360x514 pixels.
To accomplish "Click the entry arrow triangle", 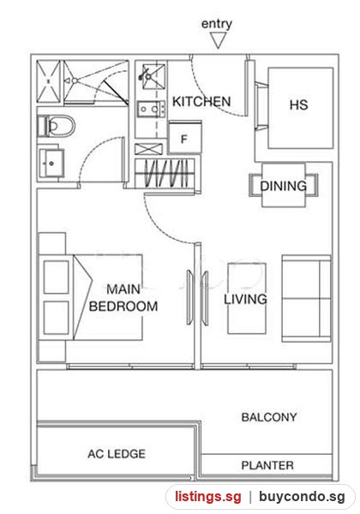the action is (218, 40).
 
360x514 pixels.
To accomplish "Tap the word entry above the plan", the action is (217, 24).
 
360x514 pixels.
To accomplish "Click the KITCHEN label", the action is (201, 102).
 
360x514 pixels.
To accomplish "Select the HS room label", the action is (298, 105).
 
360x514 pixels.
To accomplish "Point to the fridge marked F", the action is (184, 137).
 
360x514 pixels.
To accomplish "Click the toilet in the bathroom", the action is (57, 126).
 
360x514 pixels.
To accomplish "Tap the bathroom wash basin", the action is (51, 163).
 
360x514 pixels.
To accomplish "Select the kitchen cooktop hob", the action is (151, 109).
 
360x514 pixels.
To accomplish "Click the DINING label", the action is (283, 186).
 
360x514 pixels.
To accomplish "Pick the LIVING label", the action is (245, 299).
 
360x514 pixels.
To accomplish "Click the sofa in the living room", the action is (306, 298).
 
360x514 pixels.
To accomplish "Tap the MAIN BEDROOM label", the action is (123, 297).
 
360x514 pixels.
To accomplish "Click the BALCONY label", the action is (269, 417).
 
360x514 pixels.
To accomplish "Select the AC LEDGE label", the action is (117, 454).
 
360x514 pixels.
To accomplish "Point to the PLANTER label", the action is (267, 465).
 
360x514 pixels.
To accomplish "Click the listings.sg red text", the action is (208, 496).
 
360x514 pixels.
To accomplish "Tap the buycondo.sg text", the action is (302, 496).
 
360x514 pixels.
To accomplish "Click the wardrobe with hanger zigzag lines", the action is (165, 173).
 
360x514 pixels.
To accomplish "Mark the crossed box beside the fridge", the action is (148, 149).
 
